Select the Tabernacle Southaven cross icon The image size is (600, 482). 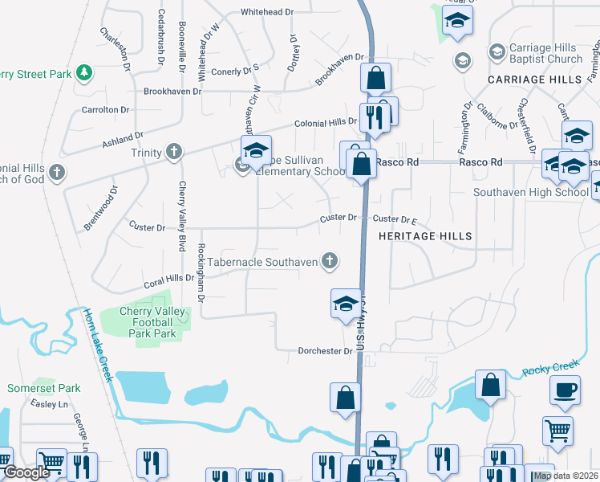click(328, 260)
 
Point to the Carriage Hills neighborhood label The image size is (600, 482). click(534, 80)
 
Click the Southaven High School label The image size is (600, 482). click(530, 193)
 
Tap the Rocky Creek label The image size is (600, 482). click(550, 369)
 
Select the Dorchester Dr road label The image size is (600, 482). click(326, 351)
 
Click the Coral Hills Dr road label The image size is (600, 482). click(169, 280)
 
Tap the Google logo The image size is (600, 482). click(26, 473)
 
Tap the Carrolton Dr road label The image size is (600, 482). click(105, 109)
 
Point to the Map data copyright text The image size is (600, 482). click(566, 476)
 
